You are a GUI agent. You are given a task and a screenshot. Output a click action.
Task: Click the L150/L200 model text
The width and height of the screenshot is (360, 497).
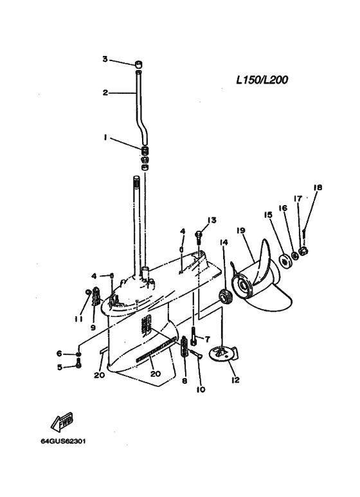coord(262,80)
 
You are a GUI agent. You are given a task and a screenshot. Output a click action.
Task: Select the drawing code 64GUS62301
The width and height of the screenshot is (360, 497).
coord(63,441)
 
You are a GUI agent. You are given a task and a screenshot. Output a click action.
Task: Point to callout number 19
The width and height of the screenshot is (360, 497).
coord(241,230)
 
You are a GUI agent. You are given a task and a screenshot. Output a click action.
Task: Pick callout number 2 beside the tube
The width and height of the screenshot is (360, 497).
coord(105,93)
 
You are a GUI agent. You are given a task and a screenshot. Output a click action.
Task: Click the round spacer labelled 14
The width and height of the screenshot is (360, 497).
coord(226,296)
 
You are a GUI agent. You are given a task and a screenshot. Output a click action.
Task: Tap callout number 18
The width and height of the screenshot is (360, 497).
coord(318,188)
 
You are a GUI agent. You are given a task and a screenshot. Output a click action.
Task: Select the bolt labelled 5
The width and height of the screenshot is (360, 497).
coord(78,365)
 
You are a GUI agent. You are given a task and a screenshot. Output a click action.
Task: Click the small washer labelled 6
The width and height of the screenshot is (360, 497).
coord(78,354)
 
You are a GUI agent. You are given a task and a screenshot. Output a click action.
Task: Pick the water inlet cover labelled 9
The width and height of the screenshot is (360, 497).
coord(96,296)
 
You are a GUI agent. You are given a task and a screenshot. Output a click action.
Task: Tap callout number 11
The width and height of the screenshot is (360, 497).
coord(78,319)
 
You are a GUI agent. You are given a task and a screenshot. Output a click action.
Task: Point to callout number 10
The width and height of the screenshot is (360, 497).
coord(201,389)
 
